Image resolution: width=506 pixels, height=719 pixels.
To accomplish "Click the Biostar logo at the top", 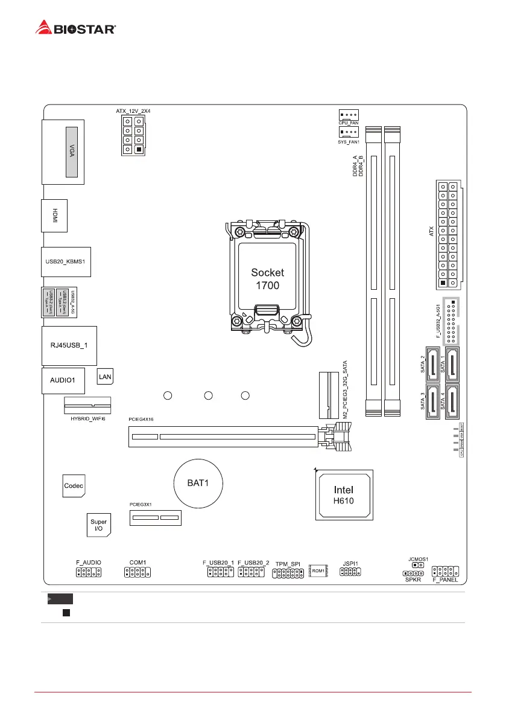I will pyautogui.click(x=76, y=27).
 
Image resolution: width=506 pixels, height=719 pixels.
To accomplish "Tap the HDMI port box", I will pyautogui.click(x=54, y=215).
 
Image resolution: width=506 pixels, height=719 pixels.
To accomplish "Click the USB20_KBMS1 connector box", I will pyautogui.click(x=66, y=261).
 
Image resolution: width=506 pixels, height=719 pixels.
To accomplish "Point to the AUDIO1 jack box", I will pyautogui.click(x=63, y=381).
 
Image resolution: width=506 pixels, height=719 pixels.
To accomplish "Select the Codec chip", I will pyautogui.click(x=74, y=485).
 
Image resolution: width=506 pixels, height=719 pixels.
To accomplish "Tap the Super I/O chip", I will pyautogui.click(x=98, y=525).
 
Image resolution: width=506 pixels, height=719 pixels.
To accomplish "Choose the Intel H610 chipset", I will pyautogui.click(x=344, y=494).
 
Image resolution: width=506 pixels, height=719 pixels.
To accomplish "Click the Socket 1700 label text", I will pyautogui.click(x=267, y=278).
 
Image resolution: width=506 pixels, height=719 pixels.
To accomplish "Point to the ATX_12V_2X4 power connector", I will pyautogui.click(x=133, y=136).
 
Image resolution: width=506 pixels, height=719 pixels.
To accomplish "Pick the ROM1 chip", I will pyautogui.click(x=318, y=570).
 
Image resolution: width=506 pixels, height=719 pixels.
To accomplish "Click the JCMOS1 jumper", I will pyautogui.click(x=417, y=567).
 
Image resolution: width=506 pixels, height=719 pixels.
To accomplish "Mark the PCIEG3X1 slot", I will pyautogui.click(x=156, y=517).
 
